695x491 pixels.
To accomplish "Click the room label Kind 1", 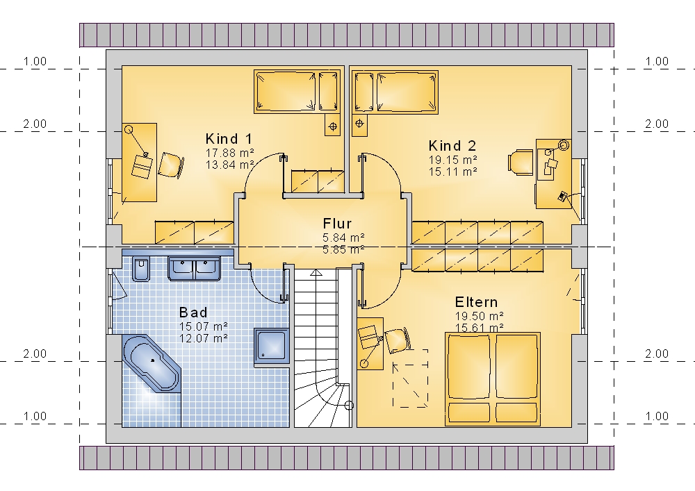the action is click(229, 139).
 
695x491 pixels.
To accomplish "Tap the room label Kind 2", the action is click(452, 146).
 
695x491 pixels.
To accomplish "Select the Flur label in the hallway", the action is click(337, 224).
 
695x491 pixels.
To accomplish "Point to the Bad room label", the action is click(193, 313).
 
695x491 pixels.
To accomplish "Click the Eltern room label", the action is click(477, 302).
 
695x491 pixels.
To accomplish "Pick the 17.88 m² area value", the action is click(229, 153).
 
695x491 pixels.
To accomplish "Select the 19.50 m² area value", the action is click(479, 316).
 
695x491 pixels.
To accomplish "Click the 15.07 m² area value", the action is click(204, 326).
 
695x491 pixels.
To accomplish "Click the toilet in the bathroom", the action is click(142, 268).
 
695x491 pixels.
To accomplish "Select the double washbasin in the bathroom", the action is click(194, 268).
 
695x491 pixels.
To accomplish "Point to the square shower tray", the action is click(271, 347).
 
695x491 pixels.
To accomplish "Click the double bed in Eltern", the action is click(493, 379).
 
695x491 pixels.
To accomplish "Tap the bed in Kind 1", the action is click(298, 92).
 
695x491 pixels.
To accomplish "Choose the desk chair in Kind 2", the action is click(521, 163).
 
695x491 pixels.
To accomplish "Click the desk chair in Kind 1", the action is click(171, 165).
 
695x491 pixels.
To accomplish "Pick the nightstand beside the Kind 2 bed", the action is click(359, 124).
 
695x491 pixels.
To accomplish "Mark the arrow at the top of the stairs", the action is click(316, 272).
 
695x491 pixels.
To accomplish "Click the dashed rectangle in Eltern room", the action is click(411, 378).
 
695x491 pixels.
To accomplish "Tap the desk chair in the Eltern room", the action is click(397, 340).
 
